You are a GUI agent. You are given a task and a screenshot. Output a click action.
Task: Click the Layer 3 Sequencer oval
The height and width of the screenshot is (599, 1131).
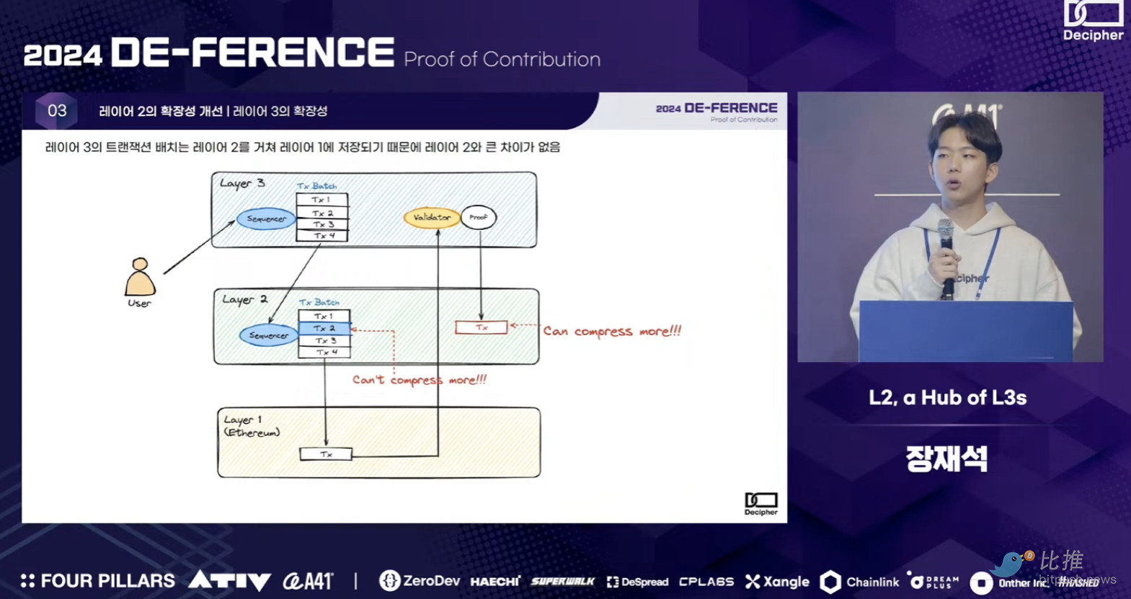(x=266, y=218)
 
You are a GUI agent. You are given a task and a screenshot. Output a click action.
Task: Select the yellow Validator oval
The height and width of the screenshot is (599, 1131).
(x=432, y=217)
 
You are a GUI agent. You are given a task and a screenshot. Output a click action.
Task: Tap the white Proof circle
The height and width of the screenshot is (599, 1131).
(x=479, y=217)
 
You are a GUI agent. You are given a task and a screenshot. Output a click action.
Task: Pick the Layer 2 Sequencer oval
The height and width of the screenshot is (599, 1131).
(x=268, y=335)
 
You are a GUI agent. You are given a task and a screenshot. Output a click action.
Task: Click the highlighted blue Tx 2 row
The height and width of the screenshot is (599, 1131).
(x=324, y=329)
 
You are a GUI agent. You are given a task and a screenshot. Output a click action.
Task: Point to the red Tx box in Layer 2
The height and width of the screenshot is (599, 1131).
(x=482, y=327)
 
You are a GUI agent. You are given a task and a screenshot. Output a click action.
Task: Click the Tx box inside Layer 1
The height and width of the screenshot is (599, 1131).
(x=326, y=454)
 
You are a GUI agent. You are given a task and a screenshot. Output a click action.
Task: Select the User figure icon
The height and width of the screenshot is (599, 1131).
(x=140, y=278)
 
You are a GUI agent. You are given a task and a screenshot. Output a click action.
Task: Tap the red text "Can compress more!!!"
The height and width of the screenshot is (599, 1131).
(x=612, y=332)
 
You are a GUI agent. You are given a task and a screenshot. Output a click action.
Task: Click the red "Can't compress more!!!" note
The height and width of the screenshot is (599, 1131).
(x=419, y=380)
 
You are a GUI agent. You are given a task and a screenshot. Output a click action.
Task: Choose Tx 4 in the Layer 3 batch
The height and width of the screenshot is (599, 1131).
(x=323, y=236)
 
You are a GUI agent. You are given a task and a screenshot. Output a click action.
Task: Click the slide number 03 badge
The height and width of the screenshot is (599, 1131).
(x=57, y=111)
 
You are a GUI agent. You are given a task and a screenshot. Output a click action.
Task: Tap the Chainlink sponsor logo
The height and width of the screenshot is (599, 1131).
(x=860, y=582)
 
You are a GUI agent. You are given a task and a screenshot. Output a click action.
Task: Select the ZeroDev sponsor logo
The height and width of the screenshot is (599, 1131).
(x=420, y=581)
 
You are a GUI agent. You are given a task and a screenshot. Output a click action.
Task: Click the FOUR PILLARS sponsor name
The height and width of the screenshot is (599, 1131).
(x=98, y=581)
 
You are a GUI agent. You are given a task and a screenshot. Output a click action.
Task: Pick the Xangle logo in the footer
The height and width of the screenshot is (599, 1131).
(x=777, y=582)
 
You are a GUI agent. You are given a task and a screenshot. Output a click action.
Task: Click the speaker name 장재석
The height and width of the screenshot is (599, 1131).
(x=946, y=458)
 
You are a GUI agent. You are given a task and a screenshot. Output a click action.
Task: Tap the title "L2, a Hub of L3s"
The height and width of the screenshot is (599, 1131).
(x=947, y=398)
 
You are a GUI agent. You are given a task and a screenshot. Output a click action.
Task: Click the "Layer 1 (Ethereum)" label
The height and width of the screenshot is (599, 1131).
(x=251, y=426)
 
